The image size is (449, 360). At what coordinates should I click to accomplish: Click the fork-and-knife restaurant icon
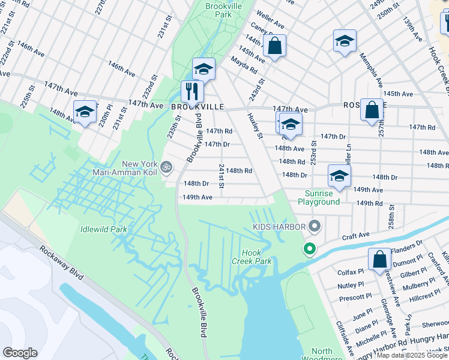(x=192, y=92)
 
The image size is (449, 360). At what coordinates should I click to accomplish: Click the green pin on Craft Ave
(x=310, y=248)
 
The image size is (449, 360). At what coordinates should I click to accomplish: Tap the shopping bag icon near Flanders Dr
(x=379, y=260)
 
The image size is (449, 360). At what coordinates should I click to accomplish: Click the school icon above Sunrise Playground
(x=339, y=176)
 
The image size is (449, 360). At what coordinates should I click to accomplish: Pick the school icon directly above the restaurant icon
(x=203, y=69)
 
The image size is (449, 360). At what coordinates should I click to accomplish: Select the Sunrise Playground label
(x=322, y=198)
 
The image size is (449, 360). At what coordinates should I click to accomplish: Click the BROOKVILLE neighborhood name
(x=197, y=106)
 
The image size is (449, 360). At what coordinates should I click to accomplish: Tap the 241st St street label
(x=221, y=175)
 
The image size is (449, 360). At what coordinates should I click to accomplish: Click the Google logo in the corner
(x=20, y=353)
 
